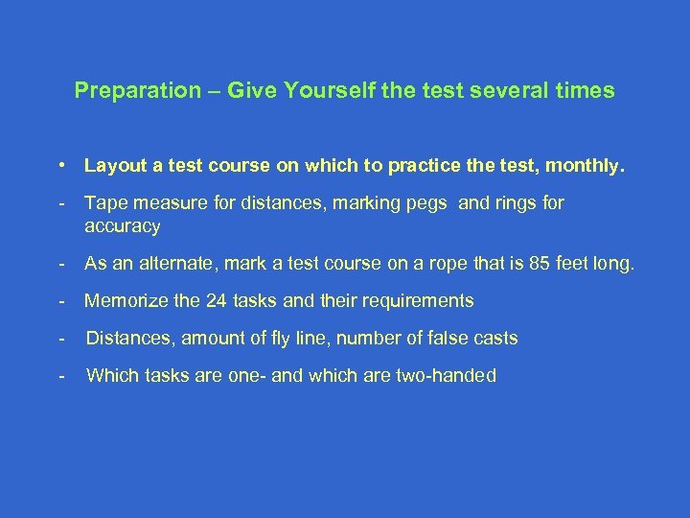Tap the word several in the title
pos(513,92)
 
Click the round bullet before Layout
pos(61,165)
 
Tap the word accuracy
pos(123,226)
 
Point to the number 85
pos(543,264)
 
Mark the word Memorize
pos(124,301)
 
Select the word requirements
pos(419,301)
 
